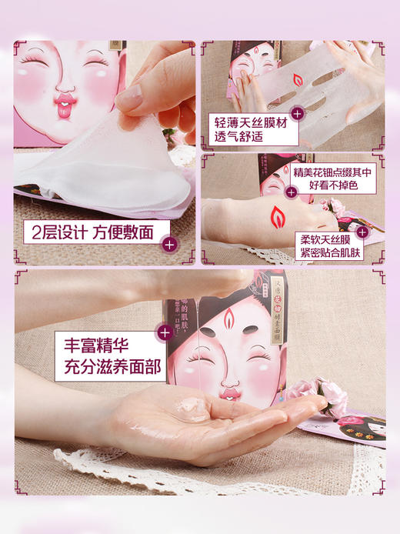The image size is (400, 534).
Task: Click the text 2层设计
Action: pos(55,232)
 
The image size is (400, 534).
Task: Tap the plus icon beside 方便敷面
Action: pos(169,245)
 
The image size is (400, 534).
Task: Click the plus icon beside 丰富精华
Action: pos(163,332)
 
